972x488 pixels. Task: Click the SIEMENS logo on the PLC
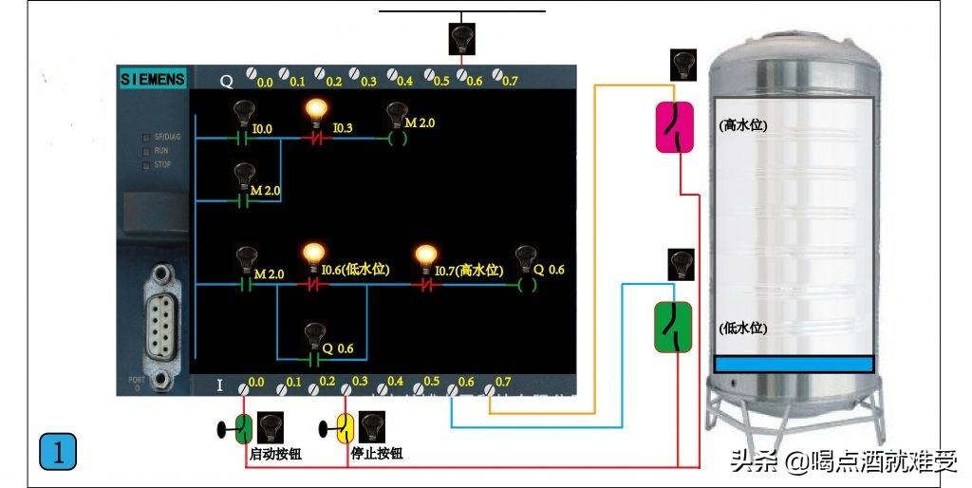click(153, 80)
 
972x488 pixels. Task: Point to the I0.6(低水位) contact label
click(356, 271)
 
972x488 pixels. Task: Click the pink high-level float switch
click(676, 127)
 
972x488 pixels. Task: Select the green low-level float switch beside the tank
click(675, 327)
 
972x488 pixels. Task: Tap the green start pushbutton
click(243, 428)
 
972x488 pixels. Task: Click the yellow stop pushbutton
click(346, 428)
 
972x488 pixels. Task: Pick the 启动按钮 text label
click(275, 454)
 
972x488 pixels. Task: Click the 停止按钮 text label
click(377, 454)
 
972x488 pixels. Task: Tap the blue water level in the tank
click(794, 364)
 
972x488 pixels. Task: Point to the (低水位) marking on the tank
click(743, 328)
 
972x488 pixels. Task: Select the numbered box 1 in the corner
click(57, 452)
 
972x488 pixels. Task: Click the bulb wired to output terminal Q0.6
click(461, 38)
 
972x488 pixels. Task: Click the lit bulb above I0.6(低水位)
click(313, 255)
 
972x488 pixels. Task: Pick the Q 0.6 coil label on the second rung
click(549, 270)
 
